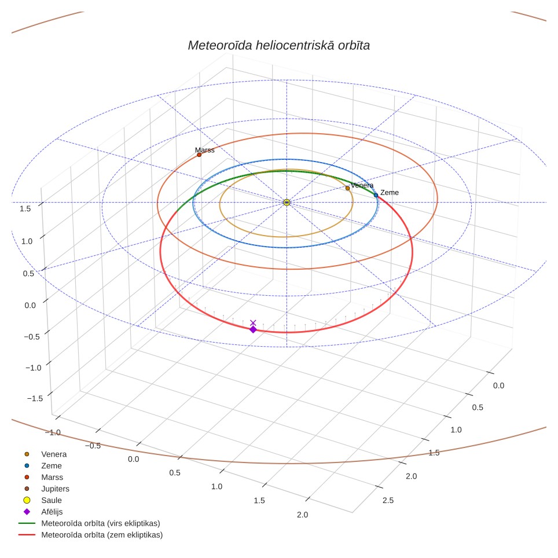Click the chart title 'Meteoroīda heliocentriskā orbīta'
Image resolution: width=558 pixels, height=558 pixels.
click(278, 45)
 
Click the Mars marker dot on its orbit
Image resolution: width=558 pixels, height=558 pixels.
click(199, 155)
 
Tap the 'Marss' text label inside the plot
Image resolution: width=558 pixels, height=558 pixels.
click(205, 150)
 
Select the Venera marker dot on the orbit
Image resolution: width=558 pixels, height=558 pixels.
click(348, 188)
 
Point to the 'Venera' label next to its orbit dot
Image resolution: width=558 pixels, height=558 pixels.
click(362, 185)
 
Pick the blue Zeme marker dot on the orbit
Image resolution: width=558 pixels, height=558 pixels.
click(376, 195)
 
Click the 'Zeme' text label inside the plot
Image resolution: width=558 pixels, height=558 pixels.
click(390, 193)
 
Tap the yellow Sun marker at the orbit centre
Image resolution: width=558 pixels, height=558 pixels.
click(287, 203)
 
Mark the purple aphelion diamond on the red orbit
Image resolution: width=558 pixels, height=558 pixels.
click(253, 329)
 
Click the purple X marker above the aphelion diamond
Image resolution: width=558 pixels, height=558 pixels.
click(253, 323)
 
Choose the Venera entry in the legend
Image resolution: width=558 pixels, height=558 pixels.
click(46, 454)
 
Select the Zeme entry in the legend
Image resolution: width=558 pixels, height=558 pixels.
click(43, 465)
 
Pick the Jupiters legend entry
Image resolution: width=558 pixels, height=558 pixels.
click(47, 489)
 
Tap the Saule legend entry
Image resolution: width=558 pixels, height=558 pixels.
click(43, 500)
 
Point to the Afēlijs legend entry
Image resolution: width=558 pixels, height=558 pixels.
click(43, 512)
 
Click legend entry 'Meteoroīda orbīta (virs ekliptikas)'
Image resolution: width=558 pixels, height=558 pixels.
click(89, 523)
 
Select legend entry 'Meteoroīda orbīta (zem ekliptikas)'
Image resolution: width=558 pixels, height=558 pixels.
click(90, 534)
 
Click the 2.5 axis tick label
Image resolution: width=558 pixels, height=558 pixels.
click(388, 500)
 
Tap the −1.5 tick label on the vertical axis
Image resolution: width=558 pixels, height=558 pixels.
click(35, 398)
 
